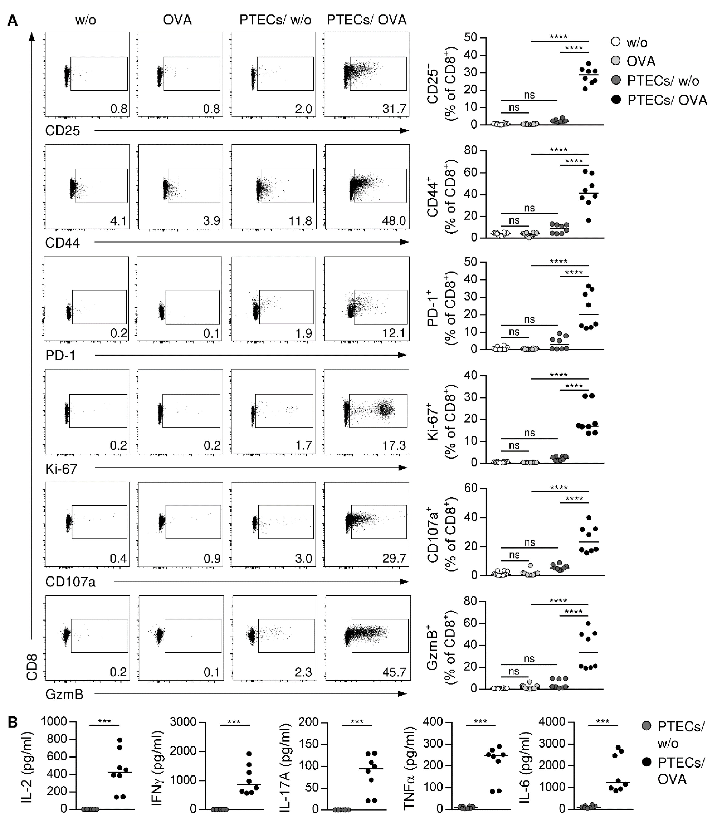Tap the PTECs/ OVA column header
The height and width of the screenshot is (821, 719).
click(x=366, y=20)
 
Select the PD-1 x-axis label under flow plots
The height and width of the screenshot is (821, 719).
click(x=60, y=355)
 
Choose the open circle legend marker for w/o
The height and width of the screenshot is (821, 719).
click(x=615, y=42)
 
